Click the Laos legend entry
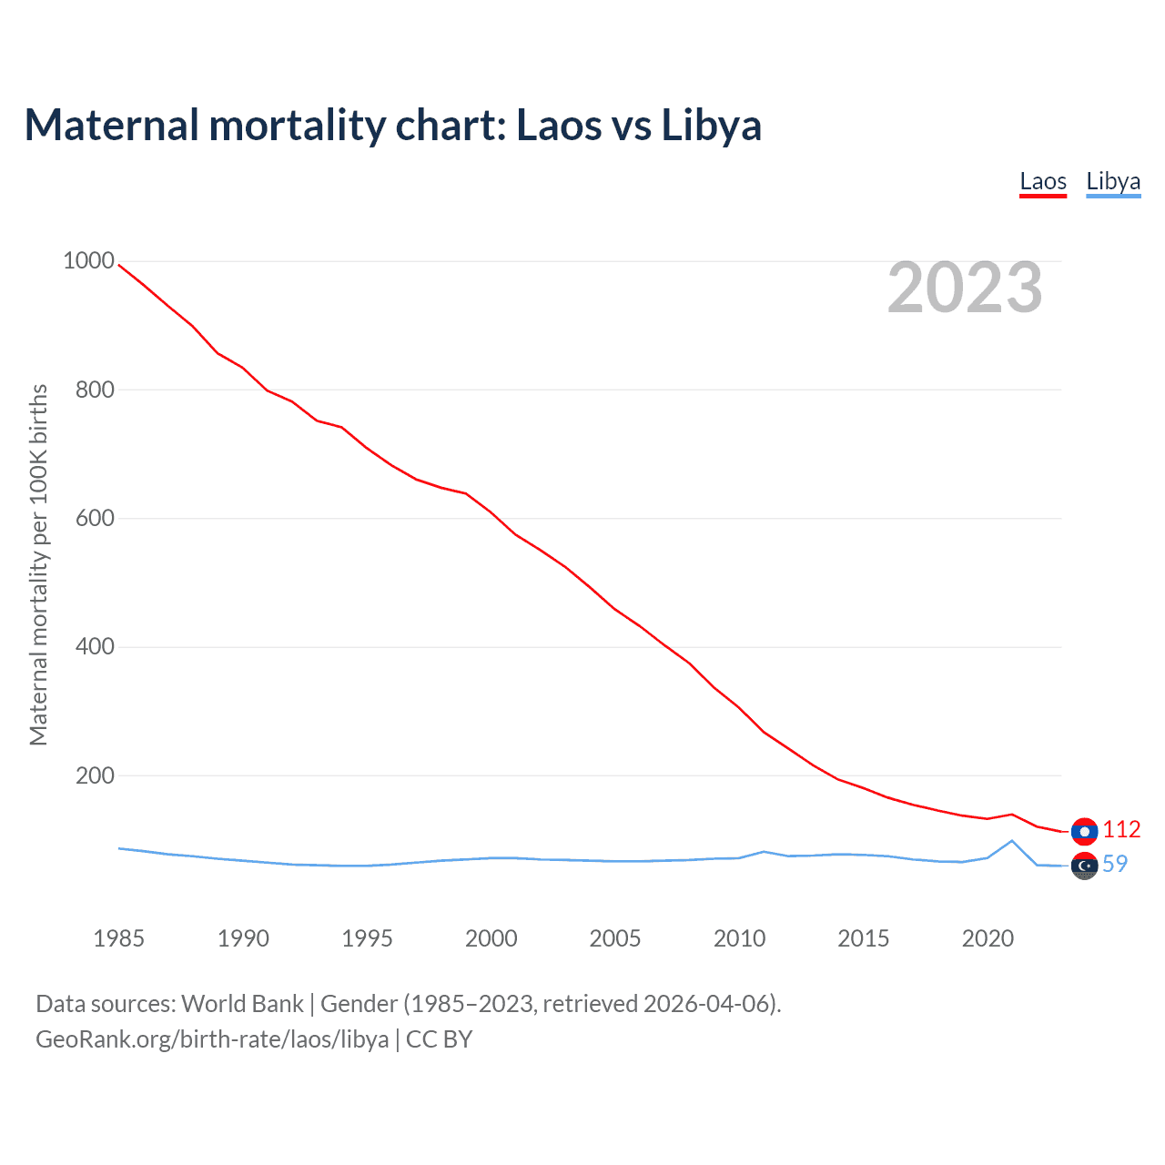click(x=1043, y=181)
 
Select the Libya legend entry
click(x=1113, y=181)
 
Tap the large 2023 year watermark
click(x=965, y=288)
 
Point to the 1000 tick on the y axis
click(x=88, y=261)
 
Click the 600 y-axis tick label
click(x=95, y=518)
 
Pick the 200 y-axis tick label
click(x=95, y=775)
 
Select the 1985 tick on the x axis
click(x=119, y=938)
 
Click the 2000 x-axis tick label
click(x=491, y=938)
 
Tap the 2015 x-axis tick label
click(x=864, y=938)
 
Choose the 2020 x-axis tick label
click(x=988, y=938)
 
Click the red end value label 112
click(x=1121, y=829)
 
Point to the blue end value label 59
click(x=1115, y=864)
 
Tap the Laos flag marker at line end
click(x=1084, y=831)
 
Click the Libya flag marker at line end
click(x=1084, y=866)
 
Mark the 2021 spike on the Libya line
click(x=1012, y=840)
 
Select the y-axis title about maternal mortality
click(x=38, y=564)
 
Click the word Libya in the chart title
click(x=711, y=125)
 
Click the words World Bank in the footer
click(x=242, y=1003)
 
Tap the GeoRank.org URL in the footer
click(x=212, y=1038)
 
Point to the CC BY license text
click(x=440, y=1038)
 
